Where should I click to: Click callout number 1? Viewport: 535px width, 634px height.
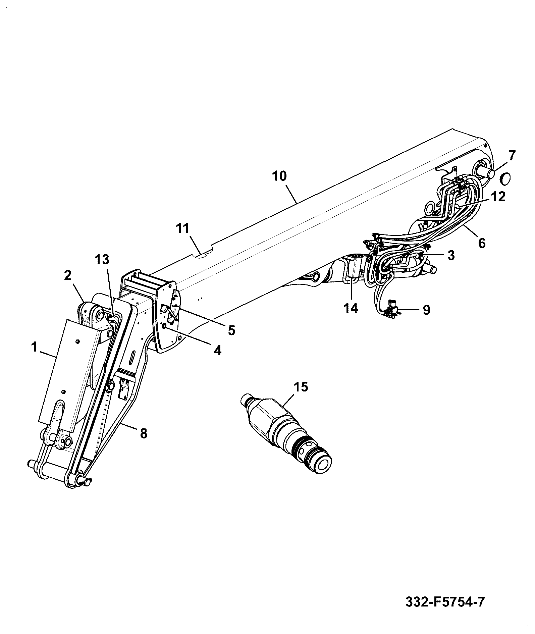(34, 347)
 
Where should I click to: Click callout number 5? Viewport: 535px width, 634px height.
(231, 330)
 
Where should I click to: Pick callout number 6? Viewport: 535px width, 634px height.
(482, 243)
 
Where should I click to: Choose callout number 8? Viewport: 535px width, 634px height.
(143, 433)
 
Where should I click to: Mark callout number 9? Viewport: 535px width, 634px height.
(426, 310)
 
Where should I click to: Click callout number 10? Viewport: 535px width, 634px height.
(280, 176)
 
